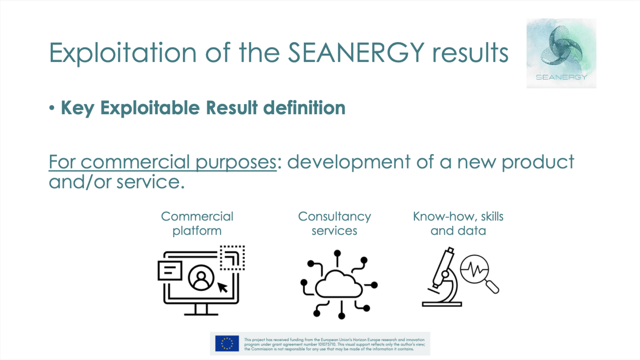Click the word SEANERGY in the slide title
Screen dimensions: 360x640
pos(356,53)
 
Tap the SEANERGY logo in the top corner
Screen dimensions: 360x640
pos(561,53)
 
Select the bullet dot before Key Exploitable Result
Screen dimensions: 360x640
pos(52,108)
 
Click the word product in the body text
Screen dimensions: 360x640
pos(538,162)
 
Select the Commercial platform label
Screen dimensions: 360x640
pos(197,223)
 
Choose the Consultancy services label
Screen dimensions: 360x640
pos(334,223)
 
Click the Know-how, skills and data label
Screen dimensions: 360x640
pos(458,223)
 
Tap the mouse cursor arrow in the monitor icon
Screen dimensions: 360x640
pos(222,287)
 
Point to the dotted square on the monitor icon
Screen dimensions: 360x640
pos(232,258)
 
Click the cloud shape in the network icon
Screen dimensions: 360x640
pos(338,284)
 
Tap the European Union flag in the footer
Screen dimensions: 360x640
pos(227,344)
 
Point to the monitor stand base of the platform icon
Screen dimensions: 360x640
pos(201,313)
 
